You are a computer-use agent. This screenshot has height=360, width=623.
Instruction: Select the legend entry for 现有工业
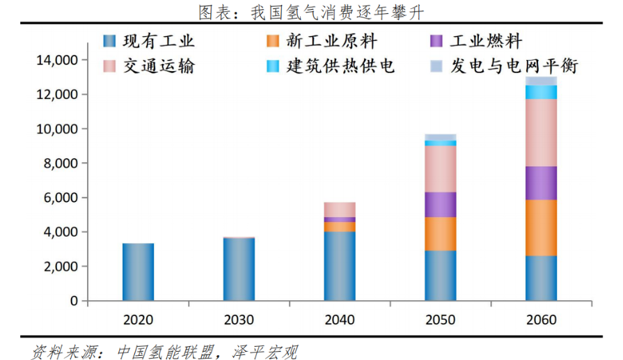149,42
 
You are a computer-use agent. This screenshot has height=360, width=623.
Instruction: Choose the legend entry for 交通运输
149,66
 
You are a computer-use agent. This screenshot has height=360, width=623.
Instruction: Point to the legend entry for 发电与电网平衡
504,66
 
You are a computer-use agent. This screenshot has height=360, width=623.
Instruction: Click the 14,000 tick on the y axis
56,61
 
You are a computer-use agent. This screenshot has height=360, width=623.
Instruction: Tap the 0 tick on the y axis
73,301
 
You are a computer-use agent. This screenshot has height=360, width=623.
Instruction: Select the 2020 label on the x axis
138,320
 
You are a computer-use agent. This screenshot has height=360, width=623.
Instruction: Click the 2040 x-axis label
340,320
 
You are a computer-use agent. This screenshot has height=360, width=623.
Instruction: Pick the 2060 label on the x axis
541,320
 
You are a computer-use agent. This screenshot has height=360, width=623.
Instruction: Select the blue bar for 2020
138,272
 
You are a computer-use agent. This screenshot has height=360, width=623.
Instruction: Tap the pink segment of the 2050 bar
441,169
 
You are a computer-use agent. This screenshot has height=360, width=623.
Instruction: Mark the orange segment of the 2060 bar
541,228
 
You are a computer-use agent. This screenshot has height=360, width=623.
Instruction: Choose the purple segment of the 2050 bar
441,205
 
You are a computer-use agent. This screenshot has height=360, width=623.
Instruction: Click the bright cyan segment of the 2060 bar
541,92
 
